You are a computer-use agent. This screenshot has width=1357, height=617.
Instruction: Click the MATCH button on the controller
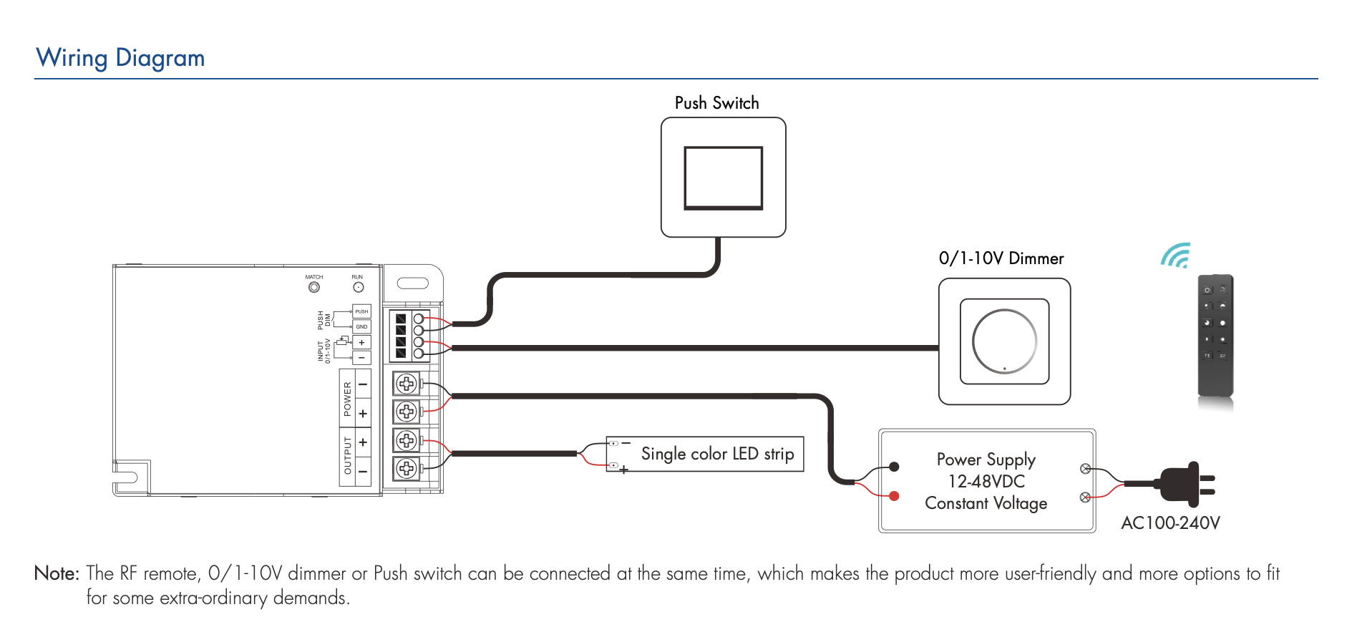coord(314,287)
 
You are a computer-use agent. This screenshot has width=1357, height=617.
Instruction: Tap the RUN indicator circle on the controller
coord(359,287)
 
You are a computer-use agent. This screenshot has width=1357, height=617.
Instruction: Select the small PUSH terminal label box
coord(362,311)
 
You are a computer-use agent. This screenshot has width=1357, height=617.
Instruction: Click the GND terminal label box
coord(362,326)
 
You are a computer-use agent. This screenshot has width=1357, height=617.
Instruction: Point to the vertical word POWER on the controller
coord(347,399)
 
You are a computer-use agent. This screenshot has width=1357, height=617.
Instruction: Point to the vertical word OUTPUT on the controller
coord(348,456)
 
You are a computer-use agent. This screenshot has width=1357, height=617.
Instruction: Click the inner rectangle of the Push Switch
coord(723,178)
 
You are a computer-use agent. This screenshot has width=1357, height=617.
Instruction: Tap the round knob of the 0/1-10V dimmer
coord(1004,341)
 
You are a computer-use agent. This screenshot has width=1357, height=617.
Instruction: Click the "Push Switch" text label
coord(716,103)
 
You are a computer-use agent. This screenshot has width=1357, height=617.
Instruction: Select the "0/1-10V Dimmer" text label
coord(1001,258)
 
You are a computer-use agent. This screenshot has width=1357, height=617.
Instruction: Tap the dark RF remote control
coord(1215,335)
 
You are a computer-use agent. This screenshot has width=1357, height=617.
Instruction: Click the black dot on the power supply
coord(894,467)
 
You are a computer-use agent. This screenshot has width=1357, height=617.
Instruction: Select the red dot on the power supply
coord(894,495)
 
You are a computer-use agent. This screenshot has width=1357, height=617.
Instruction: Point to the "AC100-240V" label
coord(1170,523)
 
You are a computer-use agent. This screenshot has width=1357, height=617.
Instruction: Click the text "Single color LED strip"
coord(717,454)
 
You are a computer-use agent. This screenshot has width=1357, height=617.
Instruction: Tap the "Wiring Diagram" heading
coord(120,58)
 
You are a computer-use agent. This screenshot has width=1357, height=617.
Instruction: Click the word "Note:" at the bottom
coord(57,573)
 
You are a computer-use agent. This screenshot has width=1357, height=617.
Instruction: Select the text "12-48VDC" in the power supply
coord(986,481)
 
